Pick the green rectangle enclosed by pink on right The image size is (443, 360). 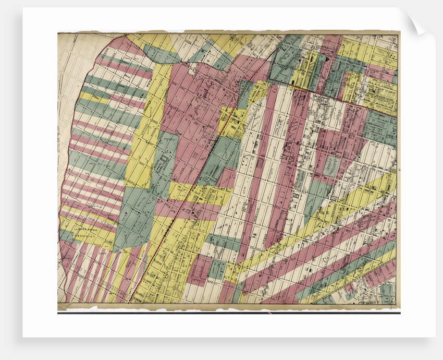click(x=331, y=166)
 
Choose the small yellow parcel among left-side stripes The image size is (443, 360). click(x=94, y=98)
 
